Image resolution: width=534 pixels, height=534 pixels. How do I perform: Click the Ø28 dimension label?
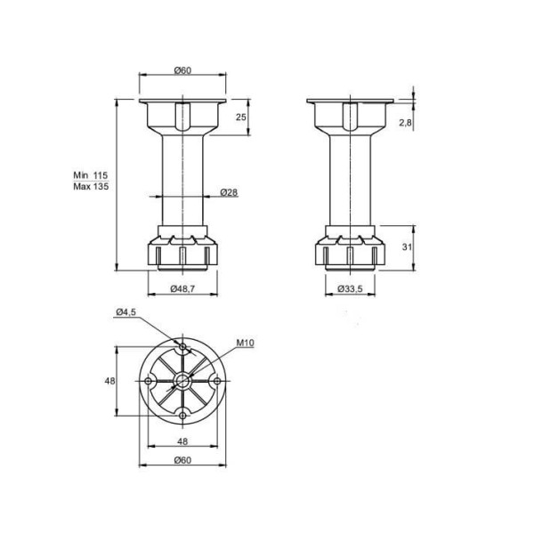[x=229, y=192]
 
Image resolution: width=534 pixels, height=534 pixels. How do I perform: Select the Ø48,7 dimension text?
[x=182, y=288]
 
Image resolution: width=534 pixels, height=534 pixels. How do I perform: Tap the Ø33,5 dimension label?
[x=350, y=288]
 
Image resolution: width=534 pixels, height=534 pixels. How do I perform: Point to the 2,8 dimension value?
[x=405, y=123]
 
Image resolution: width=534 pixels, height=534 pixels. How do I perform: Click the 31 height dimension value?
[x=407, y=247]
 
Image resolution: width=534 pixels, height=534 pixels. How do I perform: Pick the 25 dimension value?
[x=241, y=117]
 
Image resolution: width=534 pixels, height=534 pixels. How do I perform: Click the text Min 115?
[x=91, y=175]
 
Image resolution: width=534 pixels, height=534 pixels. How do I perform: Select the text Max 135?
[x=91, y=186]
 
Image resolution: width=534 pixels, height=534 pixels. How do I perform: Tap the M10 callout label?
[x=246, y=343]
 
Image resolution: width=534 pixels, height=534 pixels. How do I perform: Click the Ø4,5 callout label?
[x=126, y=311]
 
